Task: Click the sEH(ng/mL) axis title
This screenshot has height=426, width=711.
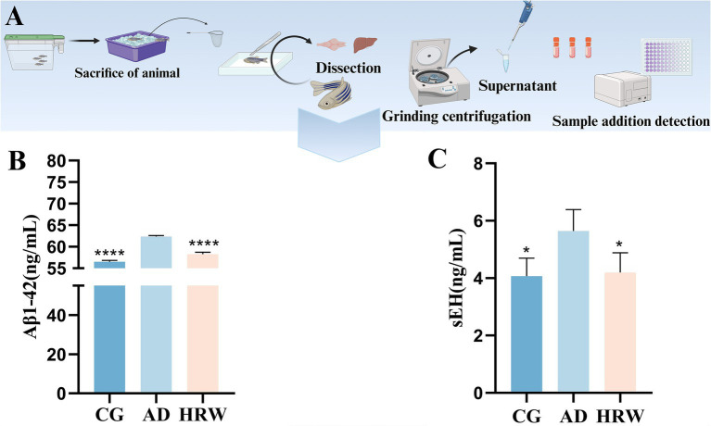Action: pos(458,278)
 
